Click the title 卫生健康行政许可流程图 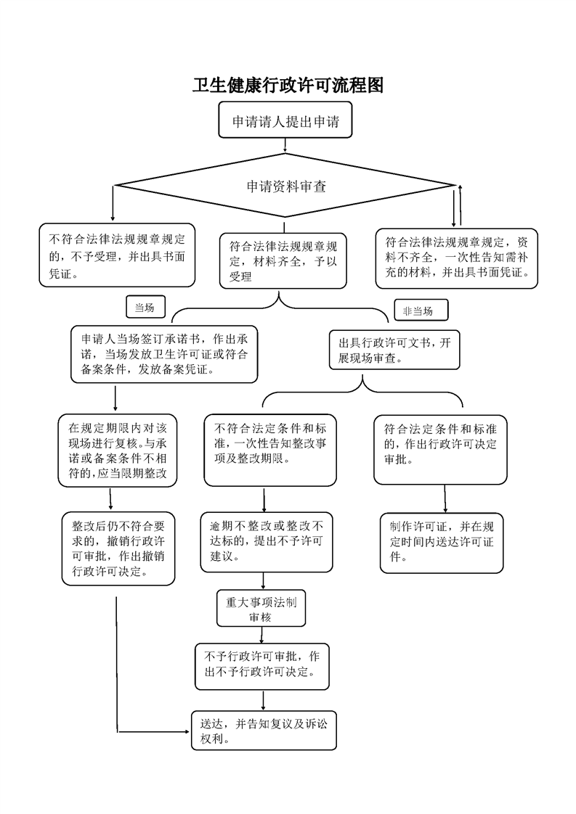288,85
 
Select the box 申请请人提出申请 285,120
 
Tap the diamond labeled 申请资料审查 285,185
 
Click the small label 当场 145,308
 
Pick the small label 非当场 421,311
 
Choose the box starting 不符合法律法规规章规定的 117,255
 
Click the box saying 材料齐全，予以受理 283,260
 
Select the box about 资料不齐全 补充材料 456,258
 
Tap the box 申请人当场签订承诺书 164,354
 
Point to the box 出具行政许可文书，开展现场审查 394,350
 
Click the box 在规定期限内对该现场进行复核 118,451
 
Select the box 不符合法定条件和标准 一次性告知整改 270,450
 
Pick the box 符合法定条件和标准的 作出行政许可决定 440,450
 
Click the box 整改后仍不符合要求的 118,548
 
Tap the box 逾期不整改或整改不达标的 267,542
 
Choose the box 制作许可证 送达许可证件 442,543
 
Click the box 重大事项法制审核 261,608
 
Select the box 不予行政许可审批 262,667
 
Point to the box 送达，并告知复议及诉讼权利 264,731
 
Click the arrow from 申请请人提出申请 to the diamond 285,145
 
